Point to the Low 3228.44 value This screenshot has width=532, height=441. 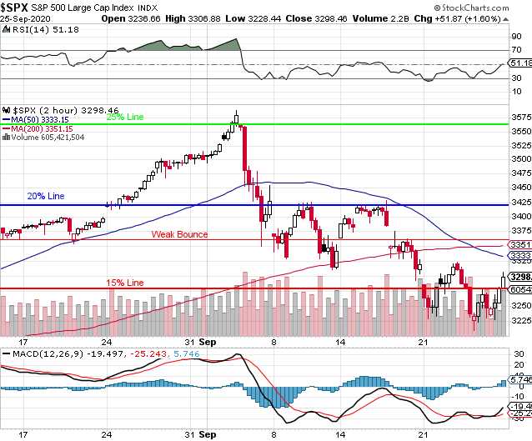pos(279,18)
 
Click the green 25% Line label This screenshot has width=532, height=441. pos(124,118)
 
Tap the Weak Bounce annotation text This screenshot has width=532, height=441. pos(179,234)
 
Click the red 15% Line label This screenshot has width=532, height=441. pos(124,283)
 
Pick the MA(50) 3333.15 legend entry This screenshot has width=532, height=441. pos(41,119)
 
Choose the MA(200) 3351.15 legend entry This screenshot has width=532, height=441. pos(43,128)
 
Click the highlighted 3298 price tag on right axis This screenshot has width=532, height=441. pos(519,277)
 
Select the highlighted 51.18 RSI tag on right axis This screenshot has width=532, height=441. pos(519,63)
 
